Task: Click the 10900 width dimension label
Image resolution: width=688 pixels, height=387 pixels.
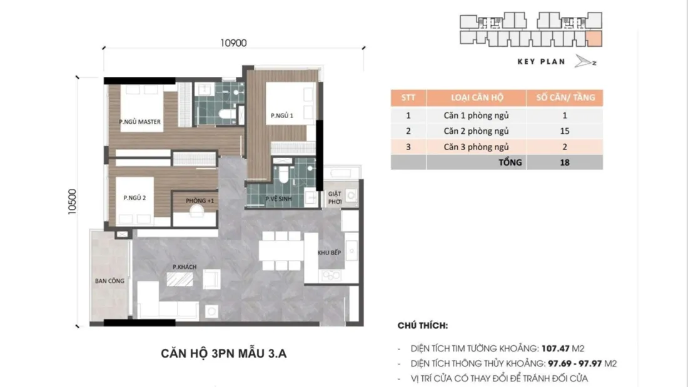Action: click(233, 43)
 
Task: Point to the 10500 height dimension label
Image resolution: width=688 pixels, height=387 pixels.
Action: click(72, 202)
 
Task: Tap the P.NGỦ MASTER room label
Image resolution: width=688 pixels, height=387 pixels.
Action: click(140, 121)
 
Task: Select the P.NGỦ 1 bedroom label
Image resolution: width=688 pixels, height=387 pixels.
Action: click(281, 116)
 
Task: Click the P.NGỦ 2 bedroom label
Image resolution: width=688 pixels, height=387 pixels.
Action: click(134, 198)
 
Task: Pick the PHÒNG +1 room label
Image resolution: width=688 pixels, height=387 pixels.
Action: click(200, 201)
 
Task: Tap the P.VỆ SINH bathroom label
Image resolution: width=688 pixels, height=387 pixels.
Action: click(278, 199)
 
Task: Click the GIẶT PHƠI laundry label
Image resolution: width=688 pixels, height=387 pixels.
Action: click(335, 198)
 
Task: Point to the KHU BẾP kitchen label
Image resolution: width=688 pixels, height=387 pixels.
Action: click(329, 253)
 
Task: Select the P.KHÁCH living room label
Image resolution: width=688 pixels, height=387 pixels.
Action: click(185, 267)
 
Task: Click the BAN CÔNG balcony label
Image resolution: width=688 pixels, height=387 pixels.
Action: click(109, 281)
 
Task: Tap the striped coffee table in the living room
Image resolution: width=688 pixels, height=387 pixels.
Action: click(180, 279)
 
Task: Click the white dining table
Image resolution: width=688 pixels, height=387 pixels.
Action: click(281, 251)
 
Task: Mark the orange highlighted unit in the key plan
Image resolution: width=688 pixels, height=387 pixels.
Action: click(594, 39)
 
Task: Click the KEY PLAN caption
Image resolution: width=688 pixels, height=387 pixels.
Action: click(541, 62)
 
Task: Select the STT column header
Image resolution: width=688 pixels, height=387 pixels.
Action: click(408, 98)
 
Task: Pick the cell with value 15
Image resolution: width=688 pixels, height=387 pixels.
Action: click(565, 131)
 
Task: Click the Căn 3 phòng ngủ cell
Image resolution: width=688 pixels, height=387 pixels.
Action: click(476, 146)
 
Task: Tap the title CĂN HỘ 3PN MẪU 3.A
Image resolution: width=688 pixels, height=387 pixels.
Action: click(224, 354)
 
